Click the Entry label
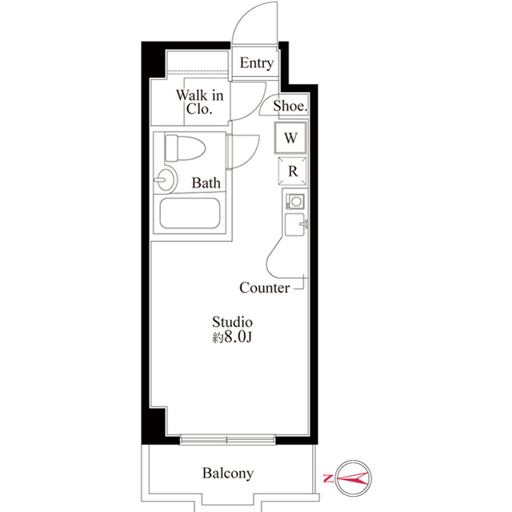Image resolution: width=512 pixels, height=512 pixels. (x=257, y=63)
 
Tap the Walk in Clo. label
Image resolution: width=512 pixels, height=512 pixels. (x=199, y=103)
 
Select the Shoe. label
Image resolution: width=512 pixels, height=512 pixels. (x=290, y=106)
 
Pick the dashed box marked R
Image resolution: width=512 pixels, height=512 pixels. (x=292, y=170)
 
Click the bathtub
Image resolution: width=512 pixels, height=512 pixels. (x=193, y=214)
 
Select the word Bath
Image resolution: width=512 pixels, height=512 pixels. (x=206, y=183)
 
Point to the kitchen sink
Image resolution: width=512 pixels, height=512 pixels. (x=294, y=224)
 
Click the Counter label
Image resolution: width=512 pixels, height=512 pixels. (x=264, y=288)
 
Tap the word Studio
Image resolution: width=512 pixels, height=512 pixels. (x=233, y=321)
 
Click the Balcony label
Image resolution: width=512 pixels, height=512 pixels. (x=227, y=473)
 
